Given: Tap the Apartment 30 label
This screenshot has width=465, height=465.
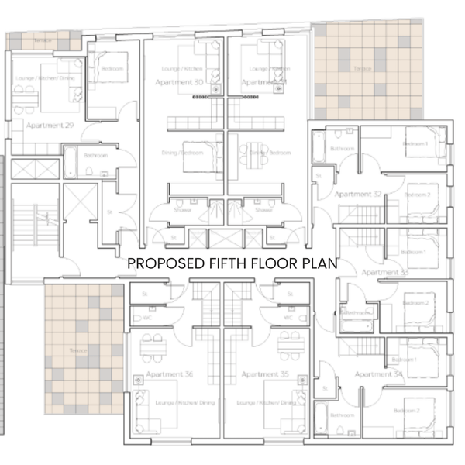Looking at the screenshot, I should [179, 82].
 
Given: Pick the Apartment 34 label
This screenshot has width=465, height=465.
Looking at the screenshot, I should [378, 374].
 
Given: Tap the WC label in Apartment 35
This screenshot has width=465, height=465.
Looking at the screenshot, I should [288, 317].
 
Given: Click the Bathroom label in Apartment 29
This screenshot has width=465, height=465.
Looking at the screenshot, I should [95, 155].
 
